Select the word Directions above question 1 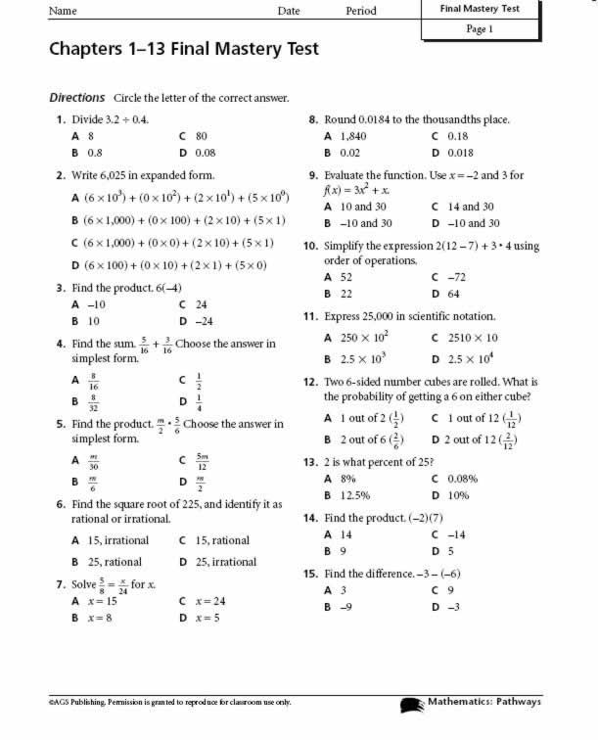tap(76, 98)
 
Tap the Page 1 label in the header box tap(480, 29)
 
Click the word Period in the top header tap(361, 11)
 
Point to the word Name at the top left tap(63, 11)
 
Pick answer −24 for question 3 tap(204, 320)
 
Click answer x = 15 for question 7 tap(101, 601)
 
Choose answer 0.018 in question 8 tap(459, 154)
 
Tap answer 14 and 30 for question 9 tap(470, 207)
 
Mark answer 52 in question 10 tap(345, 277)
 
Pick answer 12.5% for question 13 tap(353, 495)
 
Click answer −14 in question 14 tap(455, 535)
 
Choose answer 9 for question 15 tap(449, 590)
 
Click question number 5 tap(62, 424)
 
